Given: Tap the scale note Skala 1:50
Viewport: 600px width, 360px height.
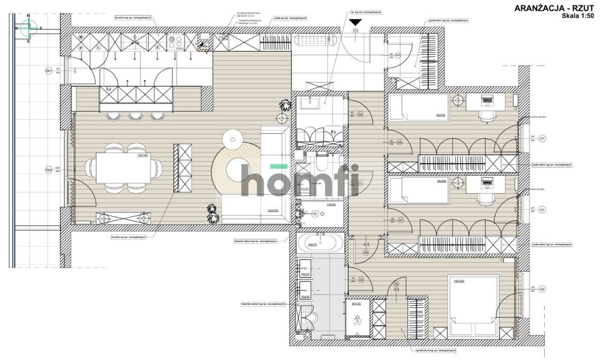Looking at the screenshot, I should [579, 15].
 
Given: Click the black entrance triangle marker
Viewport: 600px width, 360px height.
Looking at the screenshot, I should [356, 22].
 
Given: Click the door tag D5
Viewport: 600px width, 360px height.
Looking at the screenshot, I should [361, 280].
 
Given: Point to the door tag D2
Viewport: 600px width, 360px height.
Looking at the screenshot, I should [360, 114].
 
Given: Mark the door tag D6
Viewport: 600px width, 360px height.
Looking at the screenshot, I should [396, 284].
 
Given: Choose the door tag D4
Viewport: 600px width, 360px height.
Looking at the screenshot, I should [366, 252].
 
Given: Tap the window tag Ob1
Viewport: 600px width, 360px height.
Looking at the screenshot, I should [48, 71].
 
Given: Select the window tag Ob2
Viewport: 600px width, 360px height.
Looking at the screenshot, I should [48, 170].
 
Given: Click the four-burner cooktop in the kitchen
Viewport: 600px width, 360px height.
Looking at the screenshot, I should [178, 43].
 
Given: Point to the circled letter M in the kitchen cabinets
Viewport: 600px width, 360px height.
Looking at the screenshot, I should [81, 37].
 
